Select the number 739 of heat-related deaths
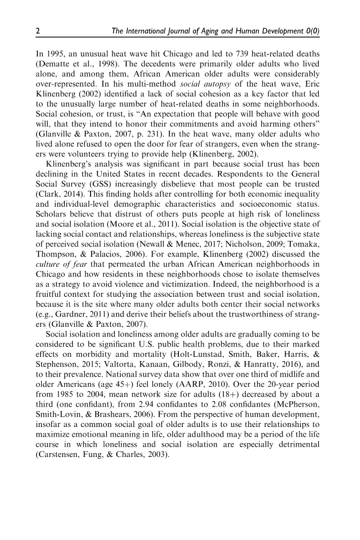pyautogui.click(x=228, y=55)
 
